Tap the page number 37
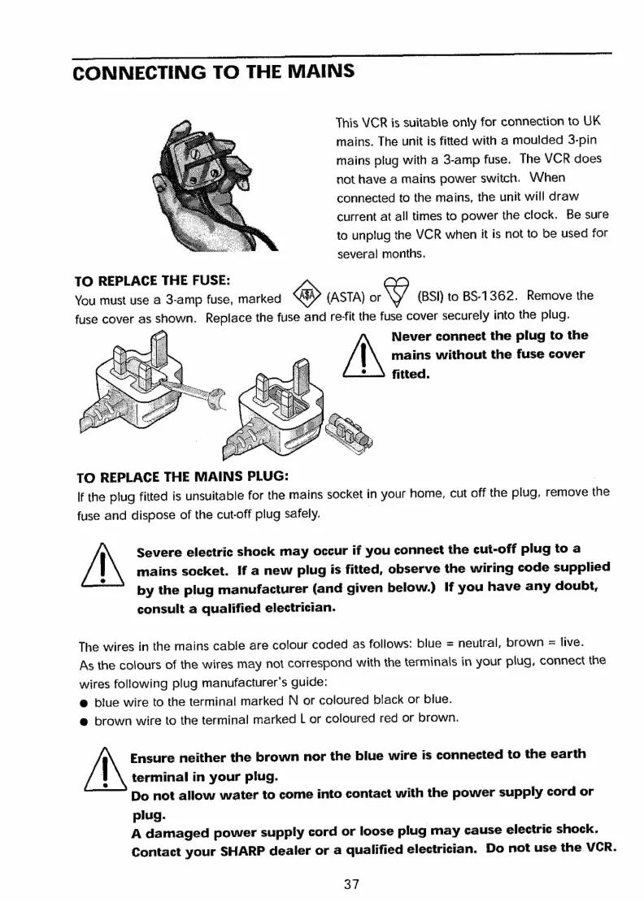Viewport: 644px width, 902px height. [x=351, y=884]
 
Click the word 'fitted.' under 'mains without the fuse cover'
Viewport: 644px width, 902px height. [x=412, y=375]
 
